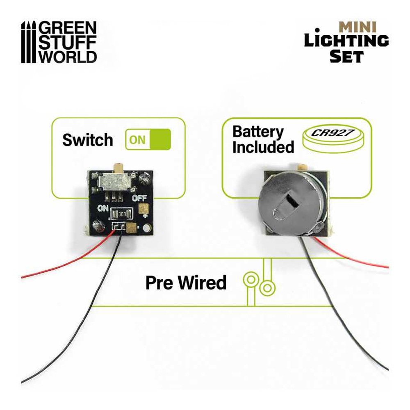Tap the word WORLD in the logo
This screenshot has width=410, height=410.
coord(68,56)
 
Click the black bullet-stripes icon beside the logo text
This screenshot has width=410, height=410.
coord(29,42)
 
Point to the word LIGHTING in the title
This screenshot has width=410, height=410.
coord(346,41)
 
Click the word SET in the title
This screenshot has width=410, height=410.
coord(346,56)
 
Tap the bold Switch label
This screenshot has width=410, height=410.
coord(87,140)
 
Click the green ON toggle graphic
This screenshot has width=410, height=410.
coord(148,139)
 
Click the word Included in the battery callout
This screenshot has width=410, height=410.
coord(263,147)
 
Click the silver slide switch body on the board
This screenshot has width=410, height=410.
coord(116,180)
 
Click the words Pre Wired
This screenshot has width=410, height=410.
coord(186,283)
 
